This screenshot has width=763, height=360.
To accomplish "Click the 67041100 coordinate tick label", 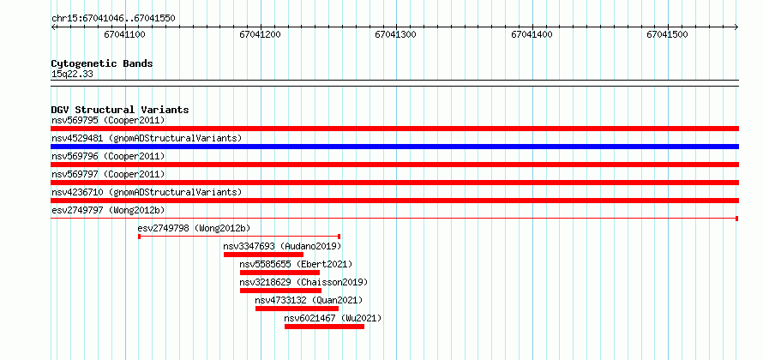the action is click(x=124, y=35).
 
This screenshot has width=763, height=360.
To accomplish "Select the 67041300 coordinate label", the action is click(x=395, y=35).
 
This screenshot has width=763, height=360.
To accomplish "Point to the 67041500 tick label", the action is click(x=667, y=35).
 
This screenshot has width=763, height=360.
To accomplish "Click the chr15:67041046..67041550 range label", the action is click(x=113, y=19).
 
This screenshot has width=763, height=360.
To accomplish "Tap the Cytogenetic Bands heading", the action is click(x=102, y=63).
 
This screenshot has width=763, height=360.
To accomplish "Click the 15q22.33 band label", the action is click(x=72, y=75).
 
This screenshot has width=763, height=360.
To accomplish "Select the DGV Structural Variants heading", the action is click(x=120, y=110).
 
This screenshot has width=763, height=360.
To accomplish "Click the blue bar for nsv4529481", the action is click(x=394, y=147).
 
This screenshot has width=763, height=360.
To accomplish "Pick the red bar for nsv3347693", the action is click(x=263, y=255).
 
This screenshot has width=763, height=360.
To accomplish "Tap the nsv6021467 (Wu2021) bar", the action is click(x=324, y=327).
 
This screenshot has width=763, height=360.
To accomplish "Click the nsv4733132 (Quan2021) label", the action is click(x=309, y=300).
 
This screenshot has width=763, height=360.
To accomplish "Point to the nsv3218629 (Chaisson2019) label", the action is click(x=303, y=282).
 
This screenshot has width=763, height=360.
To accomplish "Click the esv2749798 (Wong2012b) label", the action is click(x=194, y=228).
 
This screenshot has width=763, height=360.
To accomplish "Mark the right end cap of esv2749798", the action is click(x=339, y=237).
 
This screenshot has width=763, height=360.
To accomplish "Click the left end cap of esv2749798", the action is click(x=139, y=237).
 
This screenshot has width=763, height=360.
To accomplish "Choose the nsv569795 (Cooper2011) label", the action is click(x=108, y=120).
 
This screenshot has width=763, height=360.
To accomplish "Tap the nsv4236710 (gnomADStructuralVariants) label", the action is click(x=147, y=192).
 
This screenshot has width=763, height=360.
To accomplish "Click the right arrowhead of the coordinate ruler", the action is click(x=736, y=27).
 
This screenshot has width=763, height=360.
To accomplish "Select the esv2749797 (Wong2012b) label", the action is click(x=108, y=210).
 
